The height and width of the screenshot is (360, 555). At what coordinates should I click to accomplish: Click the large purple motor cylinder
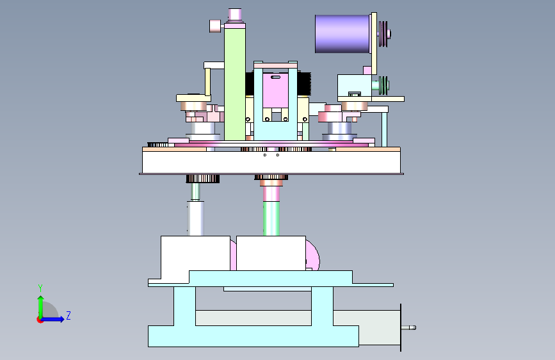point(342,34)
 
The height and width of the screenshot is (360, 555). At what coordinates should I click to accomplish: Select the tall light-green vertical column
point(235,84)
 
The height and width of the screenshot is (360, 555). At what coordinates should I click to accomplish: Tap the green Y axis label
point(40,288)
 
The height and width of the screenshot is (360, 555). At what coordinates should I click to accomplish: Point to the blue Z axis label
point(68,315)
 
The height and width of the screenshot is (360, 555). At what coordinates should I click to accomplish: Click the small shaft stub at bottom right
point(408,328)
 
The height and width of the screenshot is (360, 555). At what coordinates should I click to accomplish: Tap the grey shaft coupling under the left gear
point(195,218)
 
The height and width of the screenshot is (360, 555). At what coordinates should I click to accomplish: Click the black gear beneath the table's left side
point(203,179)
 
